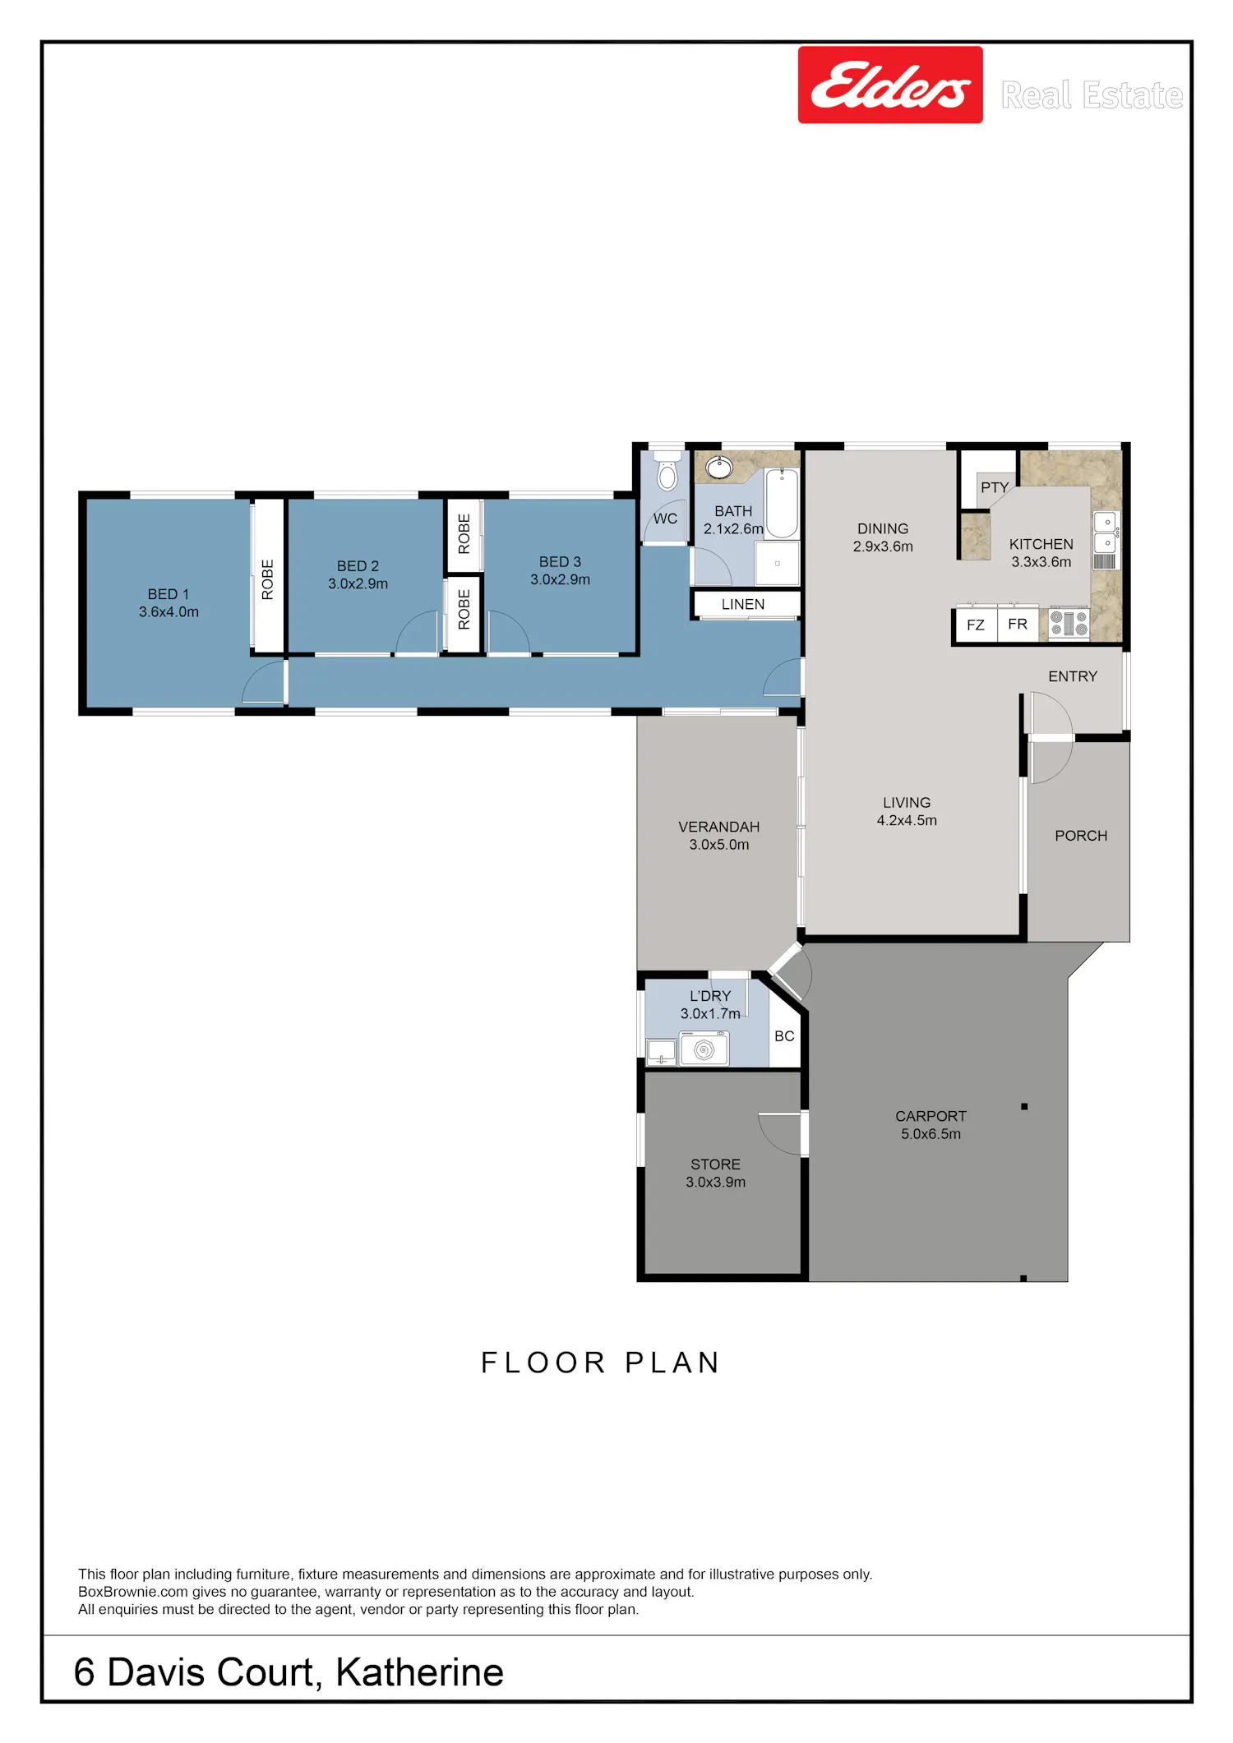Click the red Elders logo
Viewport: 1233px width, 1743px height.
click(890, 85)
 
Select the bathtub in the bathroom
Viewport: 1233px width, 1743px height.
click(782, 503)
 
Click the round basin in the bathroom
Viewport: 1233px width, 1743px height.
click(719, 468)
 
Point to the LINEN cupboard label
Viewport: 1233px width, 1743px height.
click(743, 604)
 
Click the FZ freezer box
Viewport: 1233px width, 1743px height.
click(976, 625)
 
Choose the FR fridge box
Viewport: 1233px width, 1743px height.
click(1018, 624)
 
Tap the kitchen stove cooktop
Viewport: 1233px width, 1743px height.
click(1069, 623)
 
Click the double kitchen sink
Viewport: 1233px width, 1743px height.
click(1106, 532)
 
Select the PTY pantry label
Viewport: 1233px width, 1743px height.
click(995, 487)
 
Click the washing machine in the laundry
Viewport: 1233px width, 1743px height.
click(704, 1049)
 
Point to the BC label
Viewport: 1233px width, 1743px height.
click(784, 1036)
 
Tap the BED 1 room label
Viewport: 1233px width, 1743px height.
click(169, 594)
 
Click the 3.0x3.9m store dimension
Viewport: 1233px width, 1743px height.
click(716, 1182)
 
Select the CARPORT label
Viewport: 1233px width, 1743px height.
click(931, 1116)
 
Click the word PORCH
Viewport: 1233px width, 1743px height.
click(1081, 836)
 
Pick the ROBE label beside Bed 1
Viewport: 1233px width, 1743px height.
click(267, 579)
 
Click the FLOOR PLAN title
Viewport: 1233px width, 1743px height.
click(601, 1363)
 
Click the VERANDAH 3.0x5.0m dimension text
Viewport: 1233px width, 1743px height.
click(719, 844)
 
